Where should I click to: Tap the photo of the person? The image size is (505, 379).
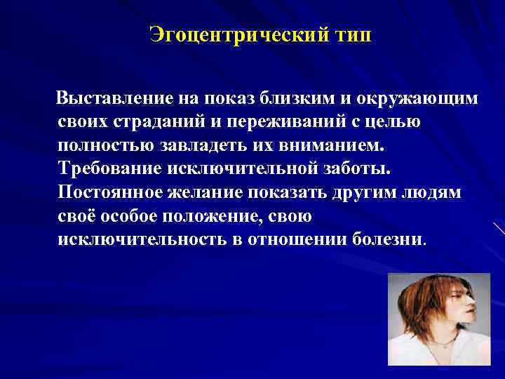439,319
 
